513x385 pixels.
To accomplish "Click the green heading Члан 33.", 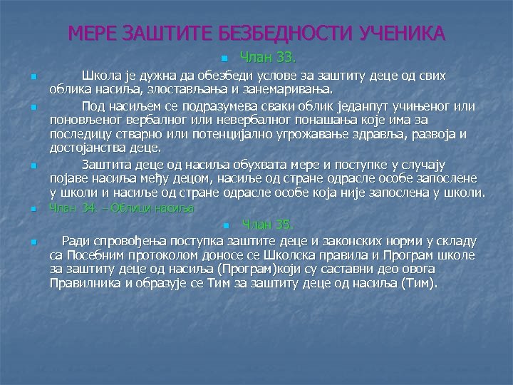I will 263,58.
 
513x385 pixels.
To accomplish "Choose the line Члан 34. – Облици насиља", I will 120,208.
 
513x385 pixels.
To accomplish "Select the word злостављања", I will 181,89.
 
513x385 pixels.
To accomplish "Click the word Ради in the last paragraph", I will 76,241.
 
